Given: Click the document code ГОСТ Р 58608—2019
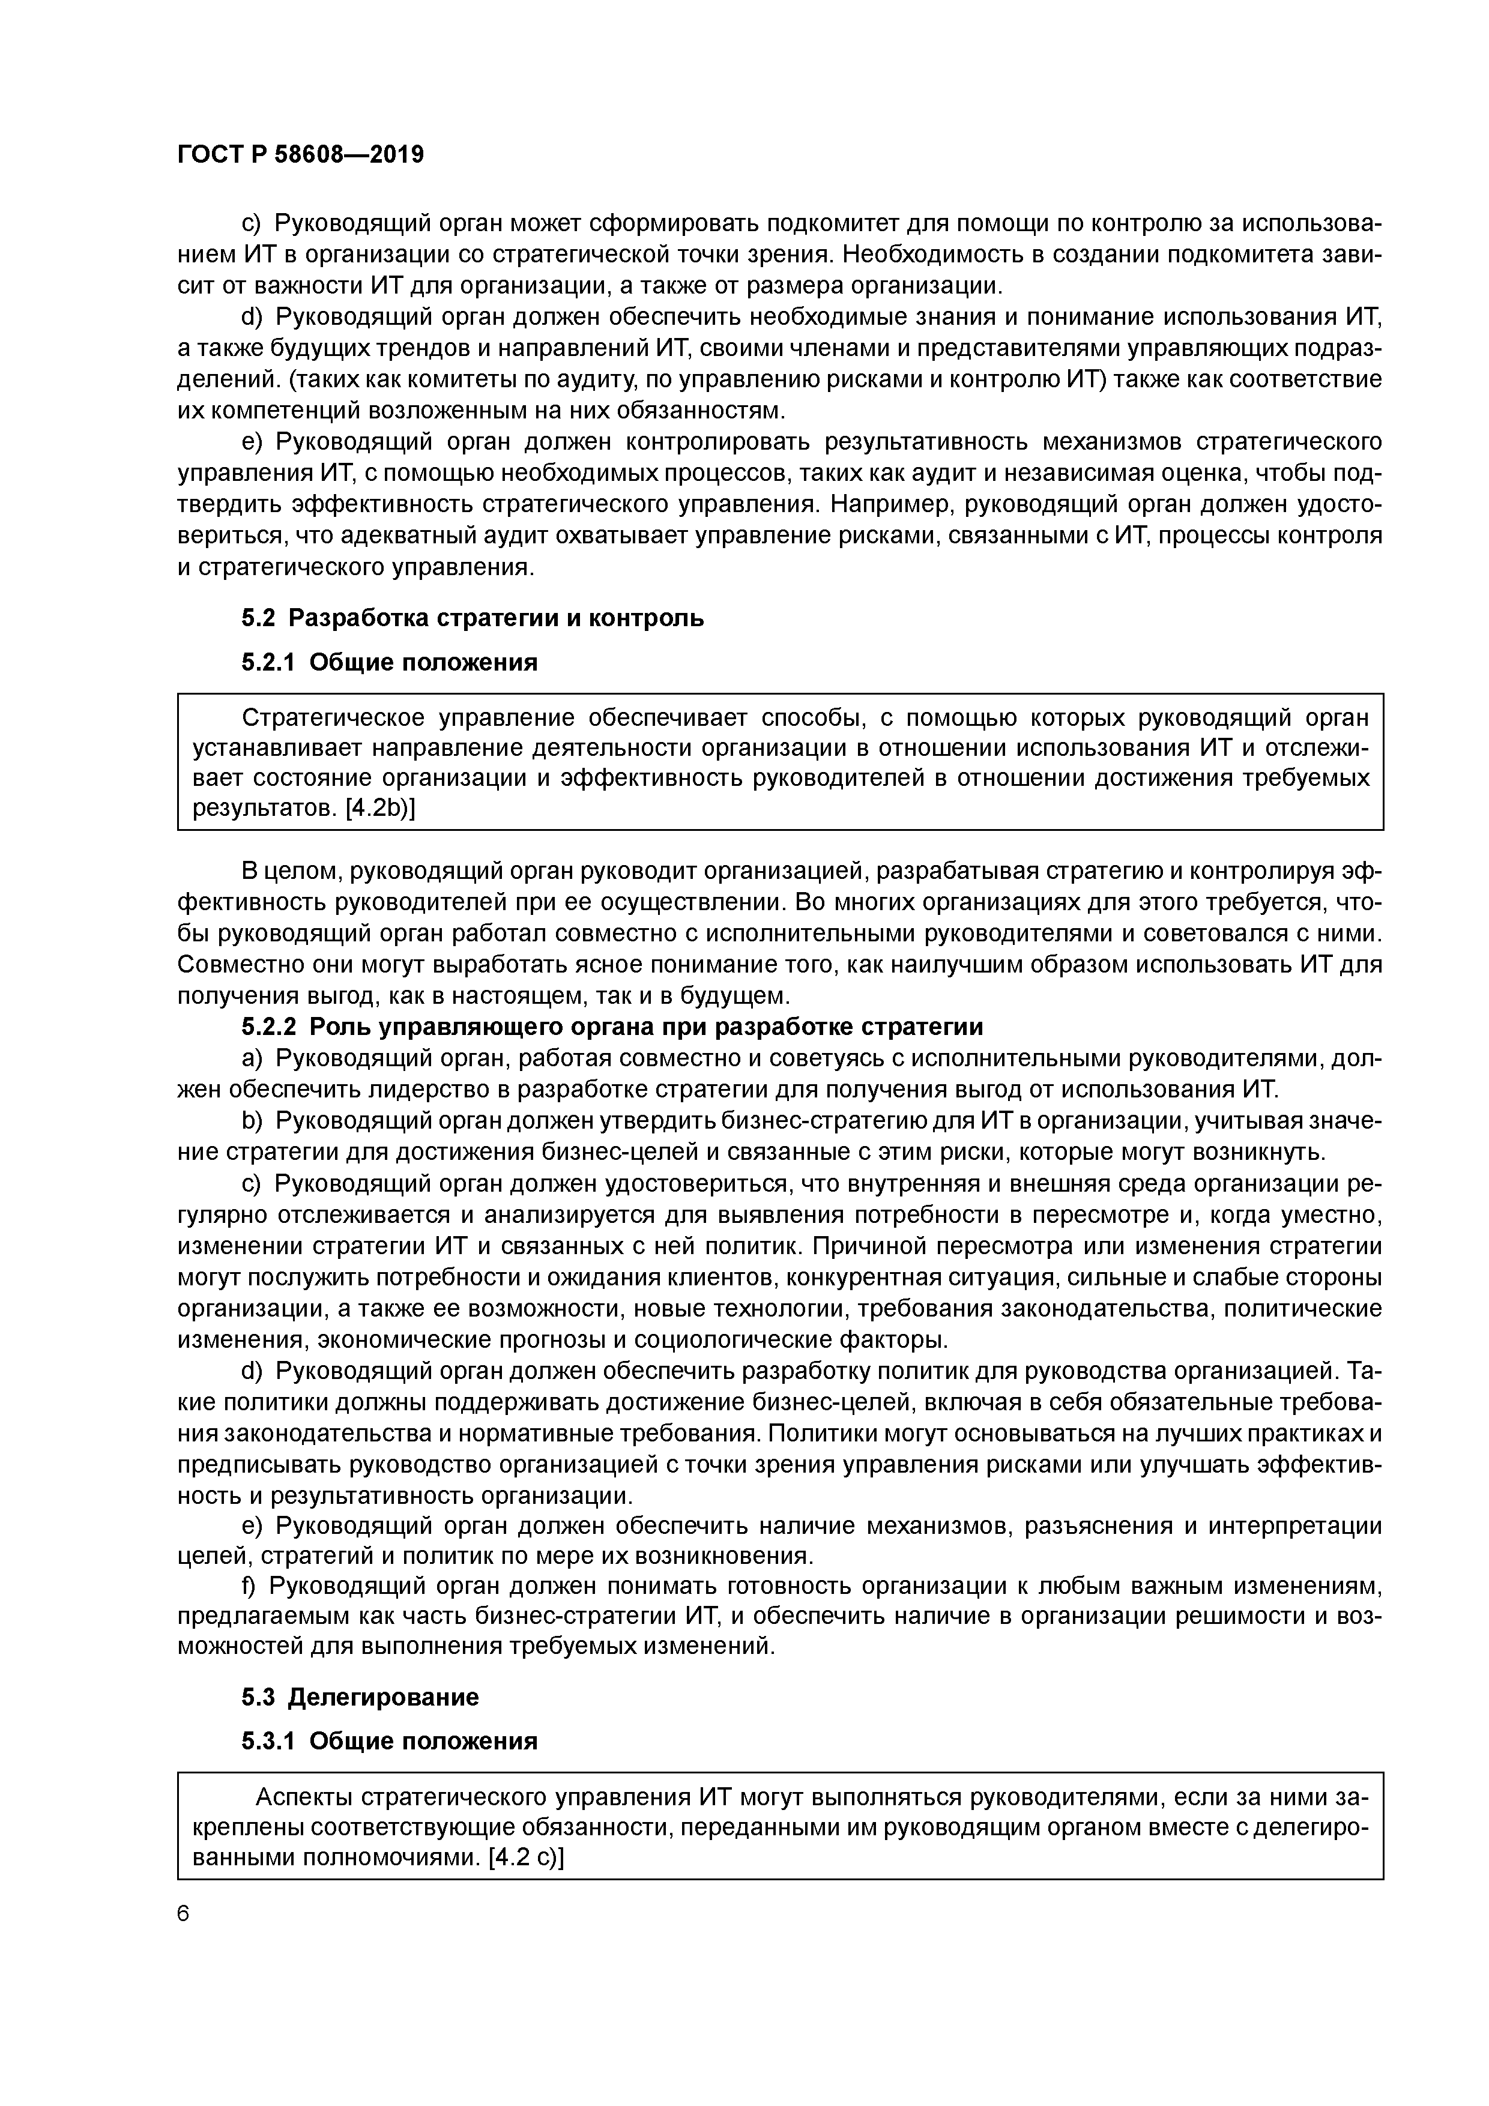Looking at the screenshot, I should (x=300, y=154).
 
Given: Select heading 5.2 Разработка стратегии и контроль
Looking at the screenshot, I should (x=473, y=618).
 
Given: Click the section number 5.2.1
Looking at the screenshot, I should (x=268, y=662).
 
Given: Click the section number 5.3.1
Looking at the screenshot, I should (x=268, y=1741).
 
